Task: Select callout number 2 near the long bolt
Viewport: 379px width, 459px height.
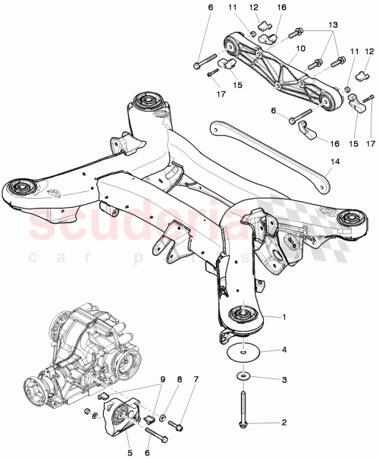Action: tap(284, 422)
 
